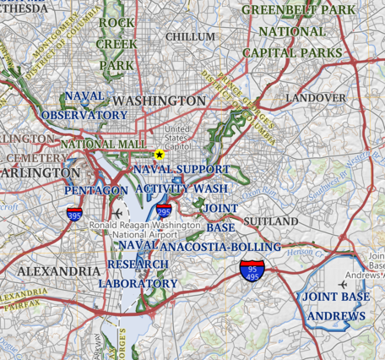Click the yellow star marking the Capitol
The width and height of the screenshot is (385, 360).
pos(159,154)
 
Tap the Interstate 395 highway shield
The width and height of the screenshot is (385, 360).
pos(75,215)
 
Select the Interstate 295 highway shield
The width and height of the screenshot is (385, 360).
pos(164,212)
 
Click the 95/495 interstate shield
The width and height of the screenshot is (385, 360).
pos(252,271)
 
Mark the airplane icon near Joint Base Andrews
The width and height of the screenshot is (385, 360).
pos(343,284)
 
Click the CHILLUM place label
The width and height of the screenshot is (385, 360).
pos(190,37)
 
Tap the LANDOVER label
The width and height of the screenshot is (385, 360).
pos(315,98)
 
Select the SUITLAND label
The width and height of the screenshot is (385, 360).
pos(270,221)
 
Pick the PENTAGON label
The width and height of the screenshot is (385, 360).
pos(96,191)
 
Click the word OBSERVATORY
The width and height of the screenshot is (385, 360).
pos(84,115)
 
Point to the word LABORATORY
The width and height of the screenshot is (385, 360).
pos(138,284)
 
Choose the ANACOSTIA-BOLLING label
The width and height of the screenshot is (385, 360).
pos(220,247)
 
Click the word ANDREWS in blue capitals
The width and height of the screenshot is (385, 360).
pos(336,317)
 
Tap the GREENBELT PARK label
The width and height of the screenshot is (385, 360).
pos(297,10)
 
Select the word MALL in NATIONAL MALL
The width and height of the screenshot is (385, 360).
pos(128,145)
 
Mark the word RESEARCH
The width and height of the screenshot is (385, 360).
pos(138,265)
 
